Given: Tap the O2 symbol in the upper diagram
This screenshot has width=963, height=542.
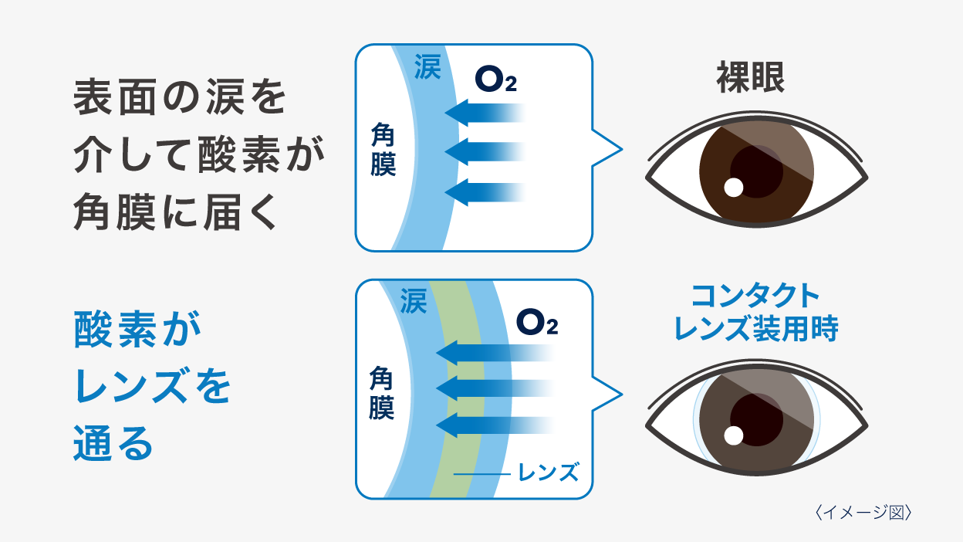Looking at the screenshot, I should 495,80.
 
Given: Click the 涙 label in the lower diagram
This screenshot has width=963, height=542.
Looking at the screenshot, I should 414,300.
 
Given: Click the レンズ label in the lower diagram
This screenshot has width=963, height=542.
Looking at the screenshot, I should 549,472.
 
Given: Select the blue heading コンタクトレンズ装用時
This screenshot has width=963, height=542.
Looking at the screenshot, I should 755,312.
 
